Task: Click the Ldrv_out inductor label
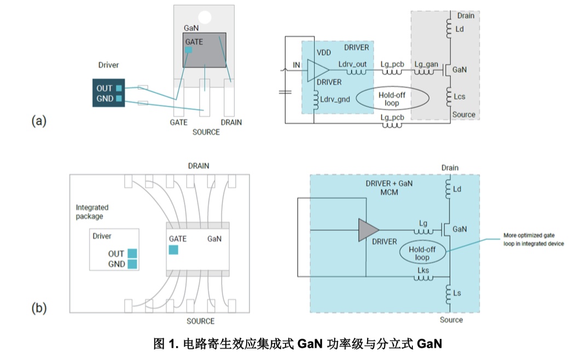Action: point(352,64)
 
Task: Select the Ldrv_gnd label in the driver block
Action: point(335,100)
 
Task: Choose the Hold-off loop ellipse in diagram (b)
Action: point(422,253)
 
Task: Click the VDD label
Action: point(325,53)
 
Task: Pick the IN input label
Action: point(296,65)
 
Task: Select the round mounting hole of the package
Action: point(204,18)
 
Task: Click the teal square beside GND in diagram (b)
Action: point(132,264)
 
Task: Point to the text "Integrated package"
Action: point(92,212)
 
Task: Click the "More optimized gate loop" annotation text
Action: point(533,240)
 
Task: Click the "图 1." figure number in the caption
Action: point(166,344)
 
